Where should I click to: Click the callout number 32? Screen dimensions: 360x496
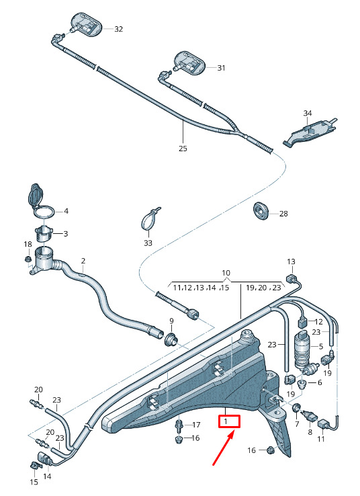(118, 29)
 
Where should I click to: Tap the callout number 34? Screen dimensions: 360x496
(308, 113)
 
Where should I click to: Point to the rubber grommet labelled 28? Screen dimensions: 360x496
(261, 210)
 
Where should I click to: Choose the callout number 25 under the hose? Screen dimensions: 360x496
(183, 148)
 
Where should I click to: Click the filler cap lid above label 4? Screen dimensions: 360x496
(34, 194)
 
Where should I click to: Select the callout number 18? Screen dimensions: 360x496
(28, 244)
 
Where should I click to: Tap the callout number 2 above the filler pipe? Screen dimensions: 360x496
(83, 261)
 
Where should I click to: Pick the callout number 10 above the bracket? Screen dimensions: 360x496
(226, 273)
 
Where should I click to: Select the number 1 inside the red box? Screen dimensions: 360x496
(226, 421)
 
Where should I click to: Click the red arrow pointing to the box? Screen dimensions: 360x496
(224, 448)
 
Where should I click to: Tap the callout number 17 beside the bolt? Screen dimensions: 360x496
(196, 425)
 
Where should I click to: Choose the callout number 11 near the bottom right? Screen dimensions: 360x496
(321, 439)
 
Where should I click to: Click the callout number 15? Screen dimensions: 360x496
(34, 482)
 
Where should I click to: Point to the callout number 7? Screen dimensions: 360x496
(297, 424)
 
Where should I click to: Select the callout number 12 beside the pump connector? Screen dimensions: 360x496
(319, 322)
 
